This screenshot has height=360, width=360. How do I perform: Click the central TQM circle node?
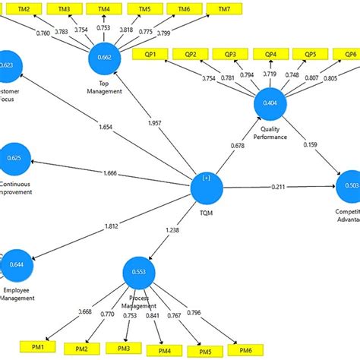(206, 187)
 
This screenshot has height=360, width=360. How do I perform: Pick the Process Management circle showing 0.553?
(138, 272)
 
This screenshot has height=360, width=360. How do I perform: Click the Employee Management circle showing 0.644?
(15, 265)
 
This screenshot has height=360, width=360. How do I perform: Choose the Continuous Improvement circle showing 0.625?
(15, 157)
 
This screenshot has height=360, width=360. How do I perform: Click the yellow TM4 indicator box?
(103, 8)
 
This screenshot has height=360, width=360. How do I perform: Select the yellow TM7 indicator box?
(222, 8)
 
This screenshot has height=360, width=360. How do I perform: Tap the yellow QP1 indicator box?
(149, 55)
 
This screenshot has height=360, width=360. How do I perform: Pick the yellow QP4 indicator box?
(270, 55)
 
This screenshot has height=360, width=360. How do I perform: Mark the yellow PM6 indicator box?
(245, 350)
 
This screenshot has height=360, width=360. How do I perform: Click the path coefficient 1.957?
(153, 123)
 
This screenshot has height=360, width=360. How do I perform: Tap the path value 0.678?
(238, 146)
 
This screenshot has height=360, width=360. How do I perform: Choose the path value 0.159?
(311, 144)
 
